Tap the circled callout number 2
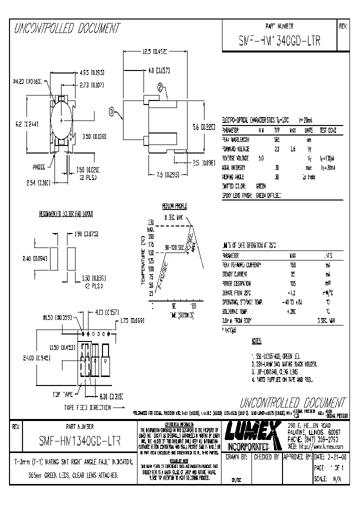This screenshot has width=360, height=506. pos(160,86)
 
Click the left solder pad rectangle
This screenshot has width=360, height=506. pos(54,259)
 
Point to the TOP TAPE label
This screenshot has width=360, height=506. pos(63,394)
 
